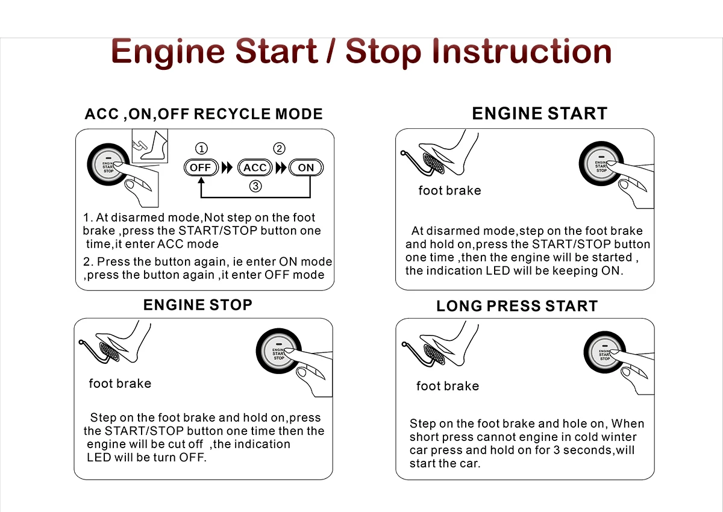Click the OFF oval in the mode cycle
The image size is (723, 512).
pyautogui.click(x=201, y=167)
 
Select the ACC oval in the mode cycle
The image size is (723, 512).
pyautogui.click(x=255, y=167)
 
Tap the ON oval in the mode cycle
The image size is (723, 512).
pyautogui.click(x=305, y=167)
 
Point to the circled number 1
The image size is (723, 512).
pyautogui.click(x=201, y=149)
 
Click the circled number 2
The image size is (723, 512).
pyautogui.click(x=279, y=148)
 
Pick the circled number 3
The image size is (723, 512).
pyautogui.click(x=255, y=186)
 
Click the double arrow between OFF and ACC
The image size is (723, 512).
pyautogui.click(x=227, y=167)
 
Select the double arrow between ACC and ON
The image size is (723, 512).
pyautogui.click(x=281, y=167)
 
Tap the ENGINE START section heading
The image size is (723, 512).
pyautogui.click(x=540, y=114)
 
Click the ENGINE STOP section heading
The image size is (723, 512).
pyautogui.click(x=198, y=305)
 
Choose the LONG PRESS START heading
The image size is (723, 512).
pyautogui.click(x=517, y=306)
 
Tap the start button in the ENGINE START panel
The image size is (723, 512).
pyautogui.click(x=601, y=164)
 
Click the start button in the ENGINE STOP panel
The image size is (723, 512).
pyautogui.click(x=279, y=351)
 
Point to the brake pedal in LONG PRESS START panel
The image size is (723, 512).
pyautogui.click(x=434, y=354)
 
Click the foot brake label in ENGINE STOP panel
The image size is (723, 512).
pyautogui.click(x=120, y=384)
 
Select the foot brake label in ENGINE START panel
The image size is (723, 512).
pyautogui.click(x=449, y=191)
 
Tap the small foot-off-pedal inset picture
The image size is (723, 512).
pyautogui.click(x=150, y=146)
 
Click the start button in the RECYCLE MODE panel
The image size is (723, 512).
pyautogui.click(x=108, y=165)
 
